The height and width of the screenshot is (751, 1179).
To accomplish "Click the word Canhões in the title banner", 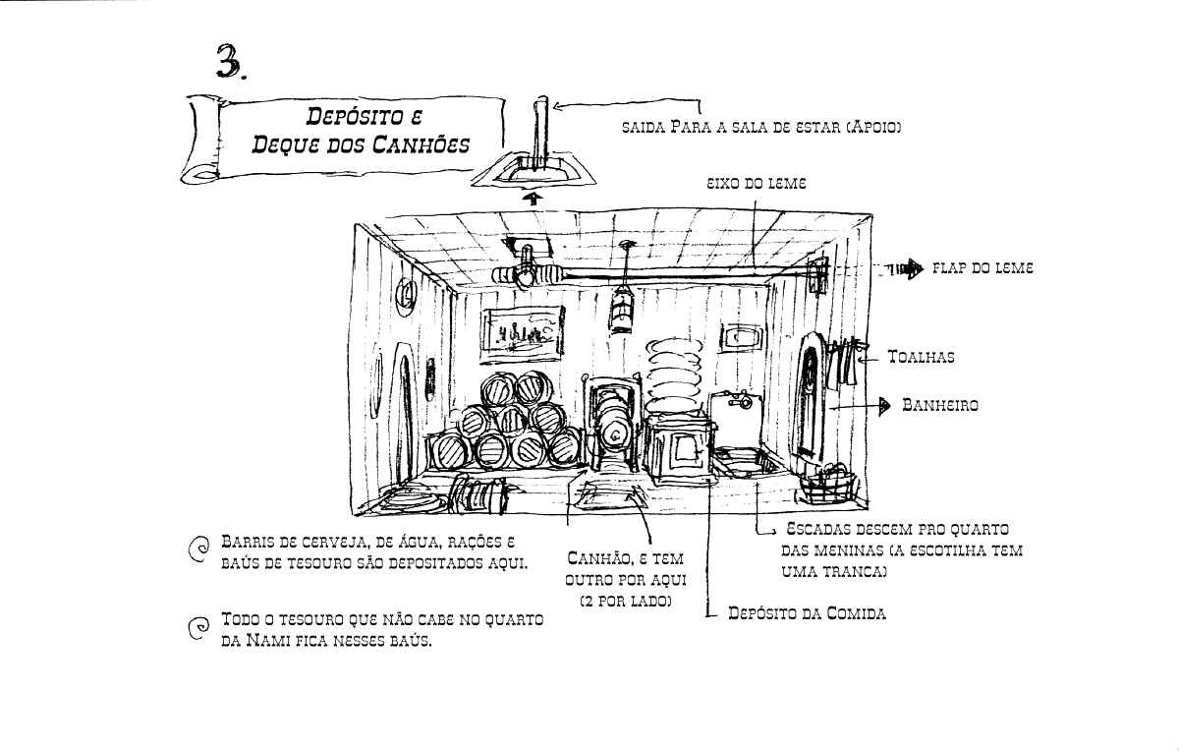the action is click(421, 144).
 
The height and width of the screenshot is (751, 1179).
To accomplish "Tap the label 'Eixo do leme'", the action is click(756, 183).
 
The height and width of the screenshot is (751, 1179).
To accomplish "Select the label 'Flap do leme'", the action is click(982, 268).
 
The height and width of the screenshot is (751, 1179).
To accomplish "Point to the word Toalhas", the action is click(922, 357).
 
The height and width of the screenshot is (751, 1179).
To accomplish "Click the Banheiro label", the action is click(940, 405).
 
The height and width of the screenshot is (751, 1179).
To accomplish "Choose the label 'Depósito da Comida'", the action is click(807, 613).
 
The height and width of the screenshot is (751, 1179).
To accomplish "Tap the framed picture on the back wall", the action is click(522, 334).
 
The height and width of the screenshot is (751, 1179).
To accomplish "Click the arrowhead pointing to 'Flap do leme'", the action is click(915, 268).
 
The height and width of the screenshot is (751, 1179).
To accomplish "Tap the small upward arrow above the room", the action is click(533, 199).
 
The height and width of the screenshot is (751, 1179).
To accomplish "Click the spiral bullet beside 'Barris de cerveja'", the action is click(198, 549).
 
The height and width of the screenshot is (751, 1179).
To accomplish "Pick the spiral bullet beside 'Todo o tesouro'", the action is click(198, 628).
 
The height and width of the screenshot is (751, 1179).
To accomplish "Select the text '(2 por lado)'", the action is click(626, 602).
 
